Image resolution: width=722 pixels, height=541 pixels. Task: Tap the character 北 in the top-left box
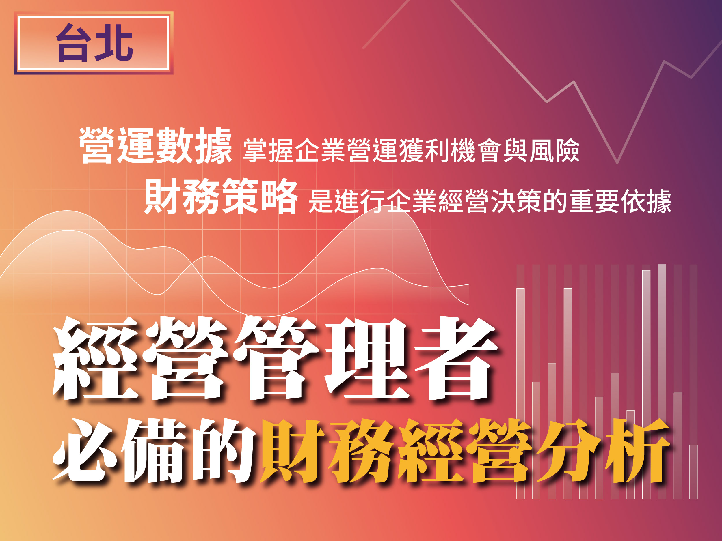pos(114,43)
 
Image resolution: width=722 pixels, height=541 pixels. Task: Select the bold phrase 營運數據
pos(156,145)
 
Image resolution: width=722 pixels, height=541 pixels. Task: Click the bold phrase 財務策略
pos(221,196)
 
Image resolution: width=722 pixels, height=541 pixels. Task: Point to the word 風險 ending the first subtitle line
pos(554,151)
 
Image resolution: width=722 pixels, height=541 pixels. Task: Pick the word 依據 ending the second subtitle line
pos(646,201)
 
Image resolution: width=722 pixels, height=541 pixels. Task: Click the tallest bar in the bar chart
pos(662,381)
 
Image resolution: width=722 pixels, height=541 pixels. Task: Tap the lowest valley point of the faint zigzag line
pos(617,162)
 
